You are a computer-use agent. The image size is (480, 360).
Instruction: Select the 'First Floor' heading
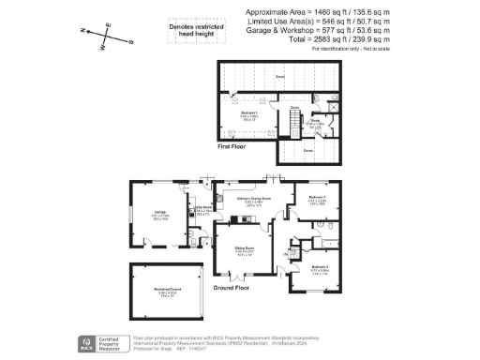(x=235, y=148)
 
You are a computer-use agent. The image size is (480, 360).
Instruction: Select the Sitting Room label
(x=244, y=251)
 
